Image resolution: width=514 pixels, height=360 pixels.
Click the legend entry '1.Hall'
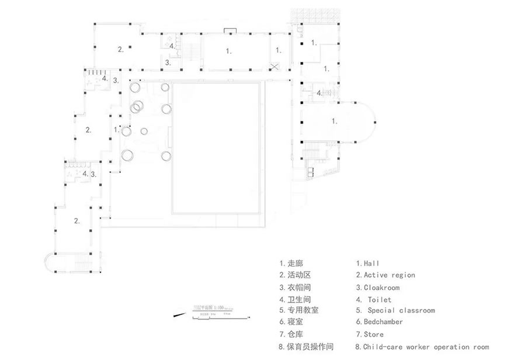368,264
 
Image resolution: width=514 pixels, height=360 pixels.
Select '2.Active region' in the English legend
385,275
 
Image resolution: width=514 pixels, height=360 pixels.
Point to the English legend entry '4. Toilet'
378,299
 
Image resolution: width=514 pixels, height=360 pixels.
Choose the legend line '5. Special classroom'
395,310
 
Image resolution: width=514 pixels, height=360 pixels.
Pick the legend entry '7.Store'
371,334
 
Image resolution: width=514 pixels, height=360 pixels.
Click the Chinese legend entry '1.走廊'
291,264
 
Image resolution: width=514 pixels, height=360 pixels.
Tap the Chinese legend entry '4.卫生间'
295,299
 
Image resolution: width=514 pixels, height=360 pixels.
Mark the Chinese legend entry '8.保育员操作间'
307,347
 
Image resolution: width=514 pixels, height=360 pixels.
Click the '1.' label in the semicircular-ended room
334,122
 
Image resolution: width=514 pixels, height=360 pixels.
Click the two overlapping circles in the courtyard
138,106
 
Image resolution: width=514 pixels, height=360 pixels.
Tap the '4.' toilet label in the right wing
319,93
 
